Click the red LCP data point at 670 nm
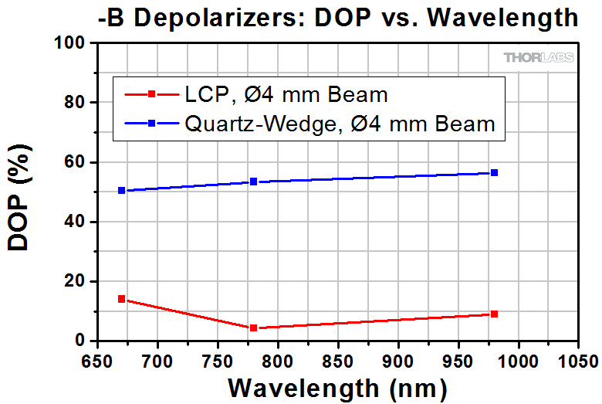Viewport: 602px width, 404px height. tap(121, 299)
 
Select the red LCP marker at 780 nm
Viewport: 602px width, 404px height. tap(253, 328)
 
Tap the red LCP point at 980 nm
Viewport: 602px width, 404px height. tap(494, 314)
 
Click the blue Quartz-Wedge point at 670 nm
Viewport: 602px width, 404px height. tap(121, 190)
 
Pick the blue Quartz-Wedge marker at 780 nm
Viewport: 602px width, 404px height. tap(253, 182)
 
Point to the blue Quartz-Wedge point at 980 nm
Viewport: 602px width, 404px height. tap(494, 172)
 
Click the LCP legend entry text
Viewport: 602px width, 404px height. tap(286, 95)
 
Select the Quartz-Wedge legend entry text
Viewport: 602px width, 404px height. tap(340, 123)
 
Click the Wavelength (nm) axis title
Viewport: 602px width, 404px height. tap(337, 386)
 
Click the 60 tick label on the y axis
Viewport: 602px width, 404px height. tap(75, 162)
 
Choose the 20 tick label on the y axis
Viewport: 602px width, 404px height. tap(75, 281)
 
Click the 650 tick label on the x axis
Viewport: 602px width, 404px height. tap(97, 360)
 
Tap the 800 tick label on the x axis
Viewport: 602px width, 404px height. tap(277, 360)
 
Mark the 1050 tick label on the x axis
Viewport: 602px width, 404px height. tap(577, 360)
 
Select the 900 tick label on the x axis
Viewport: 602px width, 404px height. tap(397, 360)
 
